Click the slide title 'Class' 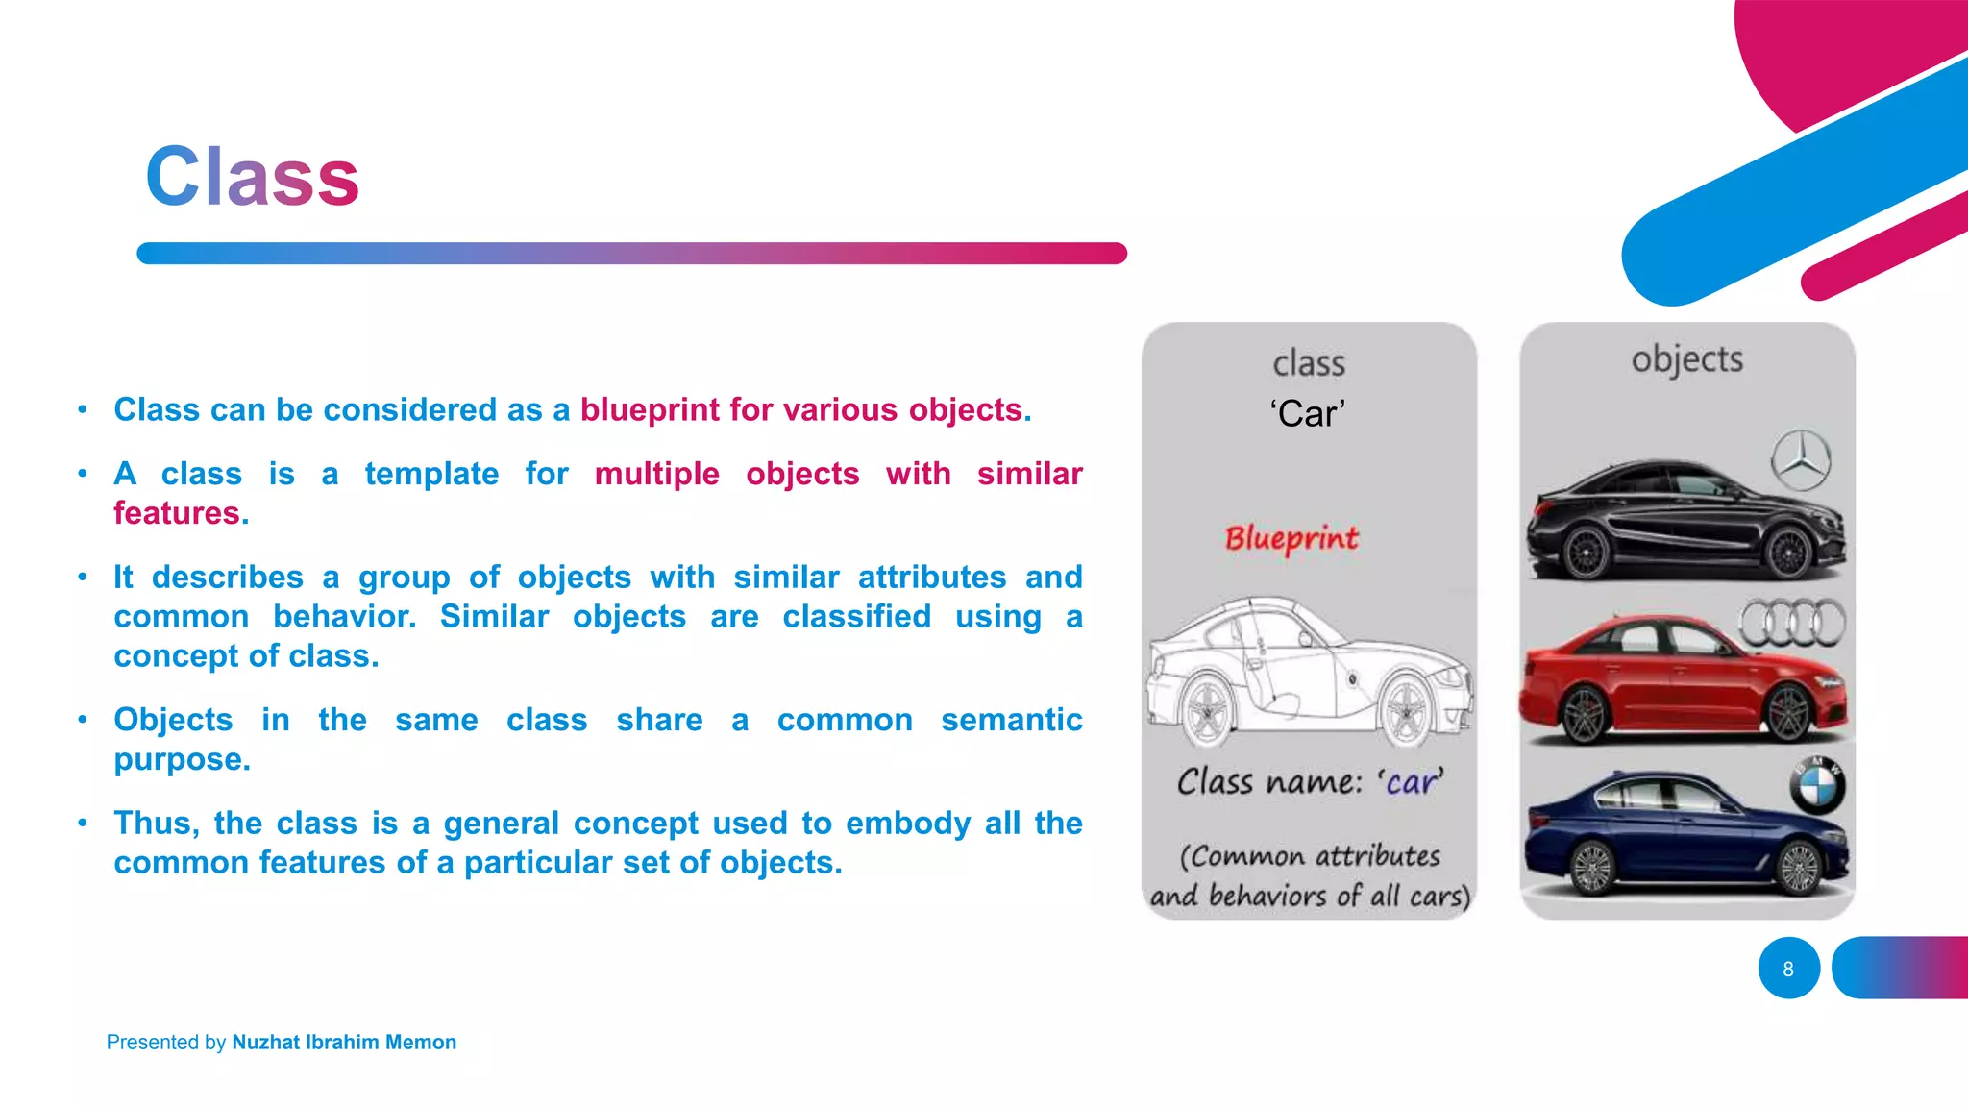252,177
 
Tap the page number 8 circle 1788,969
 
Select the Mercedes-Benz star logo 1801,460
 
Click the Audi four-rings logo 1792,623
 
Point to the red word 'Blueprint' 1291,538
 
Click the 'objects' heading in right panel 1686,359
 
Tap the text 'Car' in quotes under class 1307,414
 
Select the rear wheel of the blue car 1591,868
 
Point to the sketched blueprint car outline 1308,673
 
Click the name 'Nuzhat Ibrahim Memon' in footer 344,1043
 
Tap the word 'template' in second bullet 431,474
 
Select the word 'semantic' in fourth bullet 1011,720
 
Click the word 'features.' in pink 181,513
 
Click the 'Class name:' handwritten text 1268,782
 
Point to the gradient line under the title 631,254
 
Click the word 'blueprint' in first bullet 650,410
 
